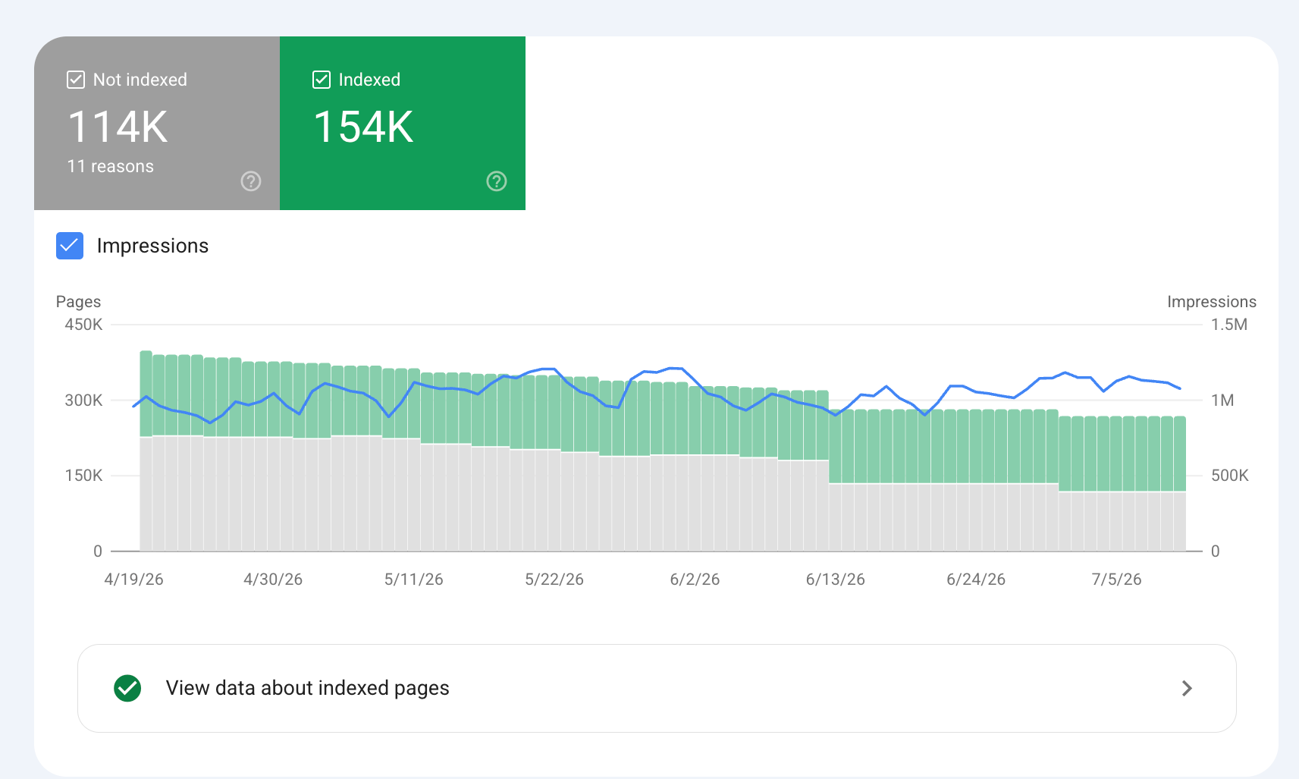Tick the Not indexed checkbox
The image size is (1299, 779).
click(75, 80)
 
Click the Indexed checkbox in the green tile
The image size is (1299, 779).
click(322, 80)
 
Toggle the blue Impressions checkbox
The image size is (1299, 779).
click(70, 245)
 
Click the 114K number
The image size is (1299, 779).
click(118, 127)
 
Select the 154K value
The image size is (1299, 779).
click(363, 127)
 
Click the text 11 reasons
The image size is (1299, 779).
click(110, 166)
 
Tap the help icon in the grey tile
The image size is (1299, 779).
click(250, 181)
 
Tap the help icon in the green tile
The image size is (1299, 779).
click(497, 181)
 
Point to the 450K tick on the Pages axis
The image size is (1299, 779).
click(83, 324)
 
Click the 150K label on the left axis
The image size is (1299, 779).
click(83, 476)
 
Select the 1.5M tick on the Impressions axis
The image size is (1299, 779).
click(1228, 324)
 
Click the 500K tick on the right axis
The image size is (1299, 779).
click(1229, 476)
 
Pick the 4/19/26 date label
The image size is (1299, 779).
click(133, 580)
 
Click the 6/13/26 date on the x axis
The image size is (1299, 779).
click(835, 580)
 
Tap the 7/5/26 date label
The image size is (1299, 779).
click(1116, 580)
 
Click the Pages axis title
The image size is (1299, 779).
click(78, 302)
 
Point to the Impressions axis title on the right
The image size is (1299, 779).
click(1212, 302)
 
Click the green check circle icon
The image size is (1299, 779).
click(127, 688)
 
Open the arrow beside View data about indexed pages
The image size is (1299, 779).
click(1187, 688)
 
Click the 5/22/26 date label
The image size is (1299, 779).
click(554, 580)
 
